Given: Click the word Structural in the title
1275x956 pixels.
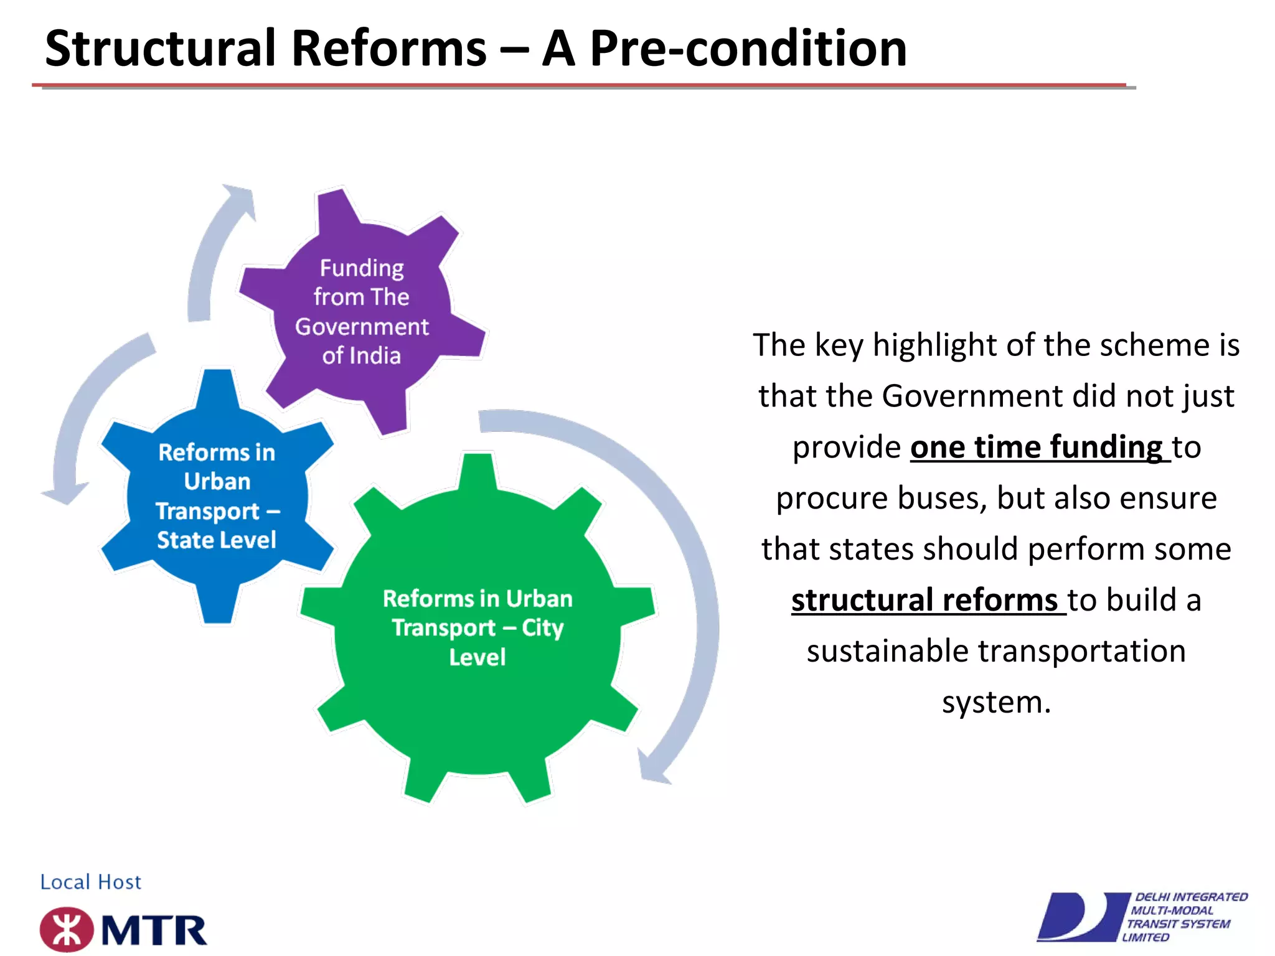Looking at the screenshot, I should (x=161, y=49).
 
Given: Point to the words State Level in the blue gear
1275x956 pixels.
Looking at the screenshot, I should (x=216, y=540).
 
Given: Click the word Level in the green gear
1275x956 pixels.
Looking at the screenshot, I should (x=478, y=657).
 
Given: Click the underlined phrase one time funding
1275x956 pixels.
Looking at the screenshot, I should (x=1036, y=447).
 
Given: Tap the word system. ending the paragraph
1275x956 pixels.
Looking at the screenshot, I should (x=996, y=702).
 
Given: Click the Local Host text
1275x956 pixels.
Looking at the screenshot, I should (x=91, y=882).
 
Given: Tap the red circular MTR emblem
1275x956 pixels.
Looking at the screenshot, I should (x=67, y=930).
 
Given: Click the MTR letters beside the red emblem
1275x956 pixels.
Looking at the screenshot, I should (x=154, y=931).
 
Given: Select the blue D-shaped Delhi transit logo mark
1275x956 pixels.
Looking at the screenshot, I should (x=1080, y=917).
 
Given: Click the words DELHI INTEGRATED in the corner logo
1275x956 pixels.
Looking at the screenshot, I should (x=1191, y=897).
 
